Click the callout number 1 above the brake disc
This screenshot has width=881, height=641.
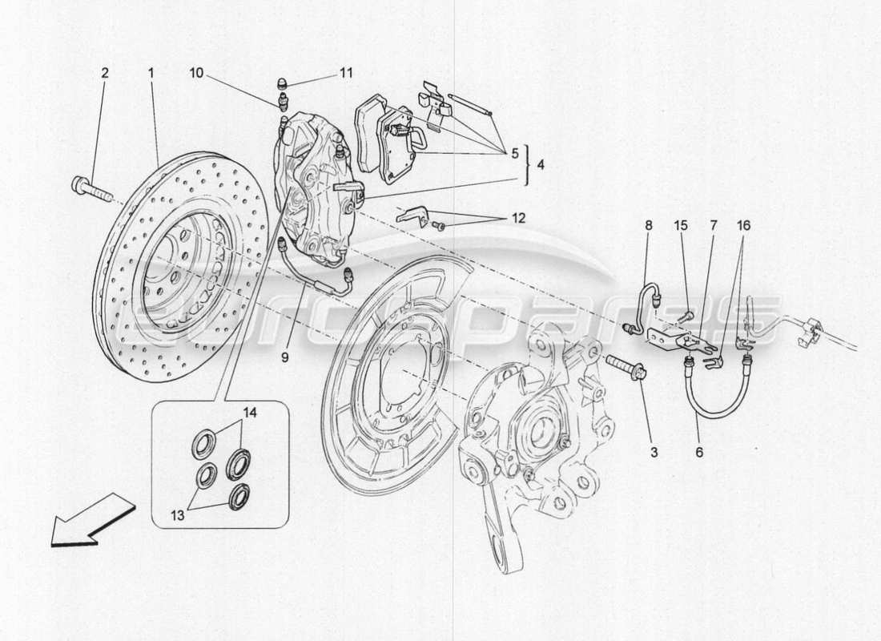[x=150, y=73]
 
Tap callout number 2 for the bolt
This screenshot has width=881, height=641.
[x=104, y=73]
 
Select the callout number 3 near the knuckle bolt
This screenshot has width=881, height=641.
[x=654, y=453]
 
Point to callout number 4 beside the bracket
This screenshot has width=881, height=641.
[x=541, y=166]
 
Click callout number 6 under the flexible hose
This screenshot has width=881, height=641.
[x=699, y=453]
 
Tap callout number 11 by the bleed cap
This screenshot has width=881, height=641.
[x=345, y=73]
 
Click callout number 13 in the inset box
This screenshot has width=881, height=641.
[x=177, y=516]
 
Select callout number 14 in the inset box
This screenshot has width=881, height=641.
[x=251, y=414]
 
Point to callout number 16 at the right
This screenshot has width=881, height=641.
[x=745, y=227]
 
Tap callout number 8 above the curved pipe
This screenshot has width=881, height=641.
[x=648, y=227]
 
